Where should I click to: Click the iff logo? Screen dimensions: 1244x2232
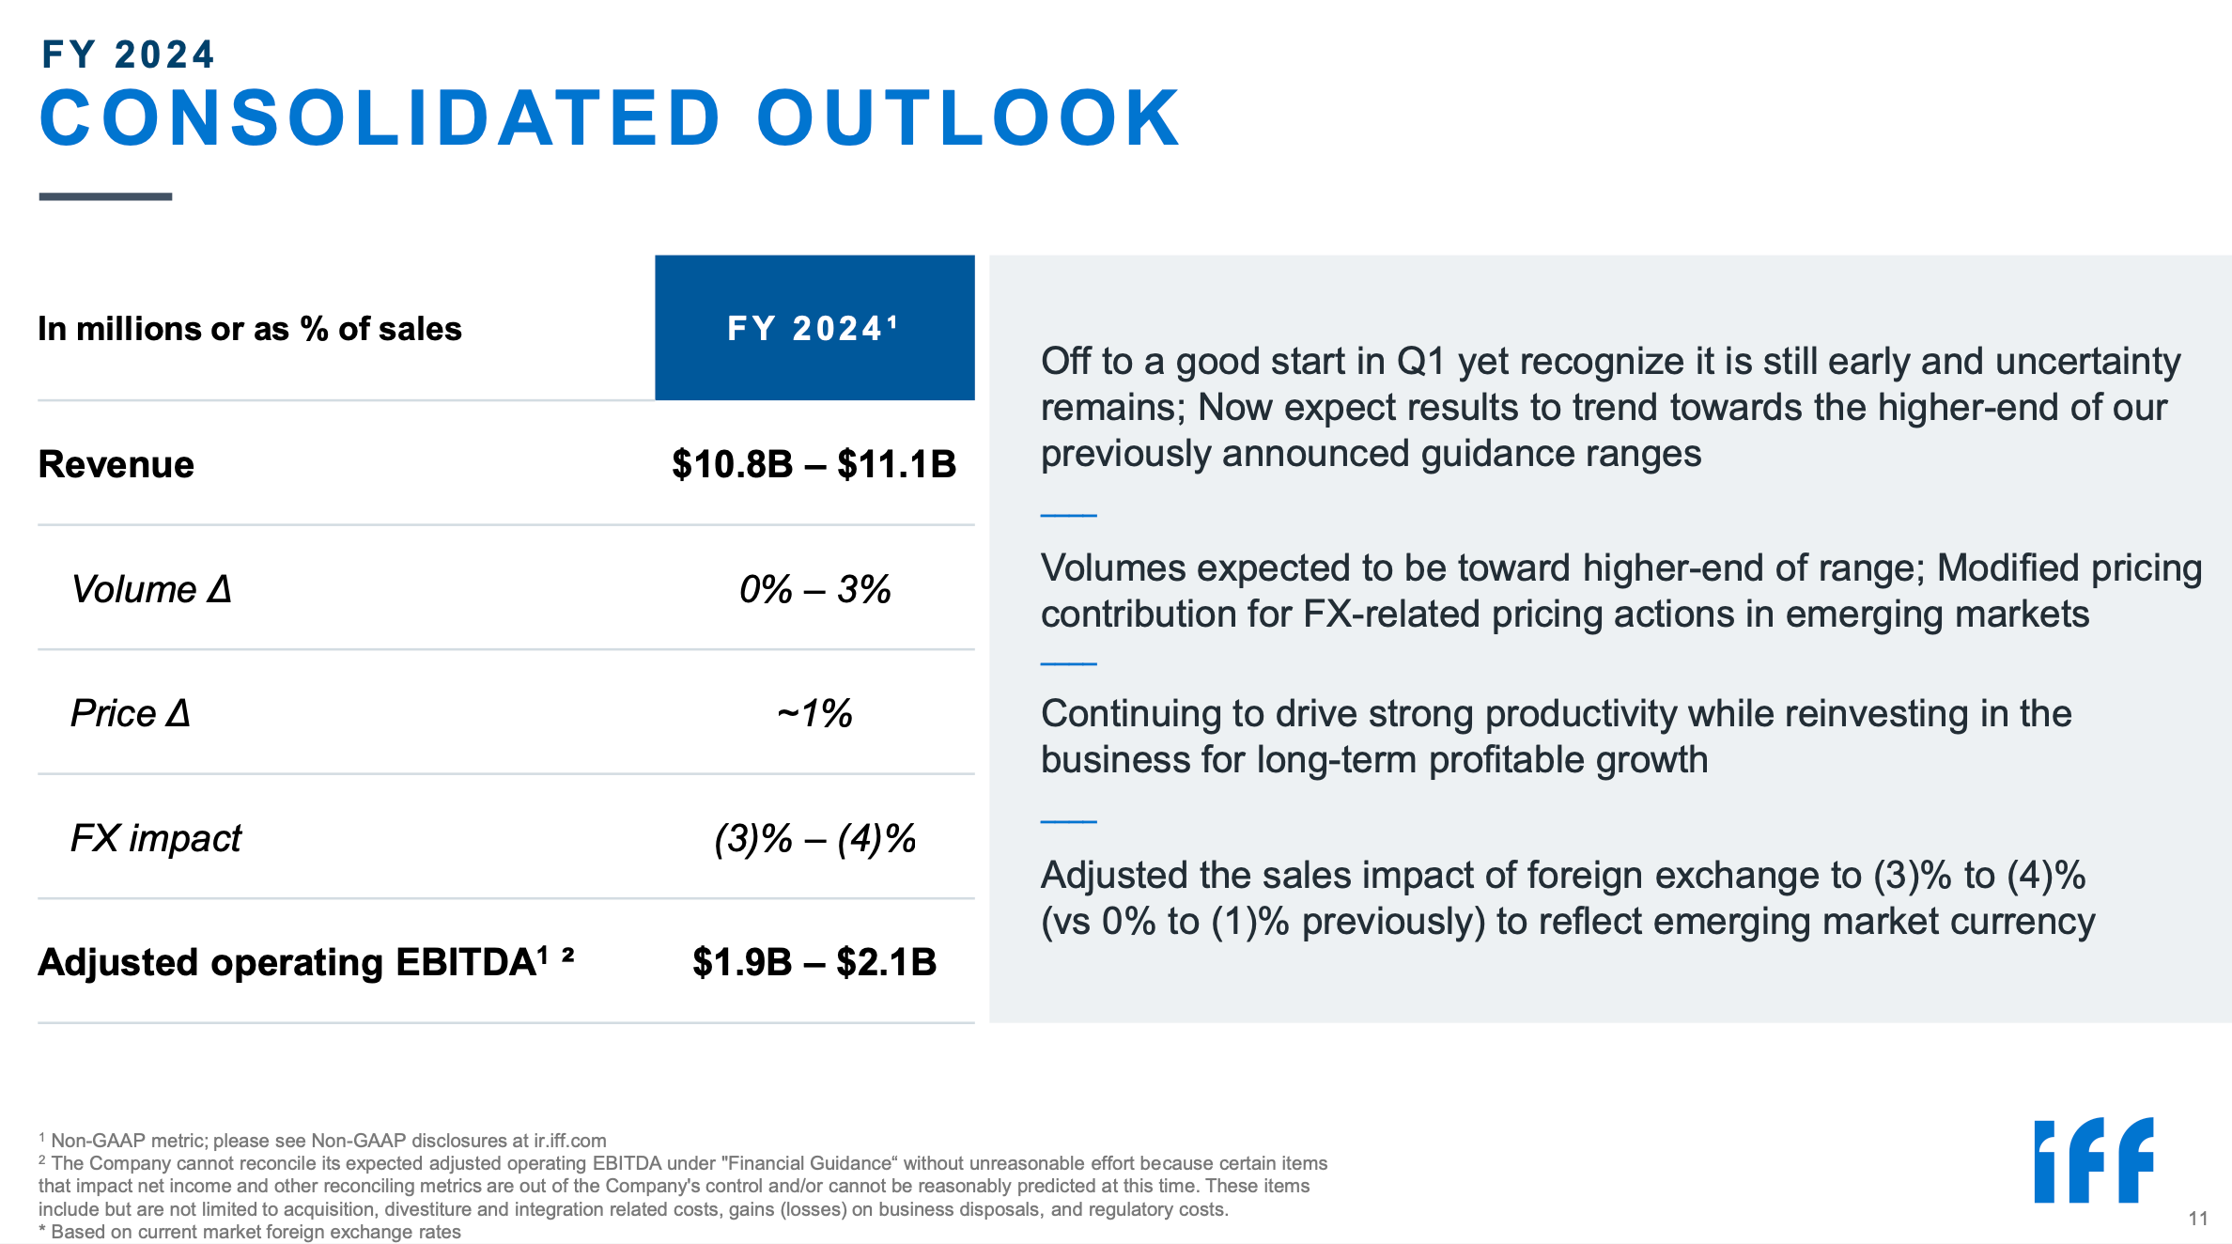point(2093,1160)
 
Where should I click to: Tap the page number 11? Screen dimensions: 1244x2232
point(2197,1219)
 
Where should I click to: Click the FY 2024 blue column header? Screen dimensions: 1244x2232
point(814,328)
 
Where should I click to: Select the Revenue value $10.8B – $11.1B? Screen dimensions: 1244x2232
point(814,464)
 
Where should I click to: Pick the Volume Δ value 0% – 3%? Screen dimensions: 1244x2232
point(814,589)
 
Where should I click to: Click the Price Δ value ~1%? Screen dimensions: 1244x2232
point(814,714)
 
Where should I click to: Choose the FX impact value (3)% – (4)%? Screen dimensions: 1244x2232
point(814,839)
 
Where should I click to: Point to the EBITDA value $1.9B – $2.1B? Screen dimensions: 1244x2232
point(814,962)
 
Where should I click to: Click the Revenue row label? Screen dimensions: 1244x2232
point(116,464)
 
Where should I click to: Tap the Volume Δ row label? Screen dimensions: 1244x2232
point(151,589)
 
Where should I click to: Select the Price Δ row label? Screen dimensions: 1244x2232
point(131,714)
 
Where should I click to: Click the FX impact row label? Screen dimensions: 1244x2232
point(156,839)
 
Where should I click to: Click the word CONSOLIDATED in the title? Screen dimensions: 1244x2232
point(380,119)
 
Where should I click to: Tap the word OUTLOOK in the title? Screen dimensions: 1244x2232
point(968,119)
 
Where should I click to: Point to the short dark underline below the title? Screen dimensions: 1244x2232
point(105,196)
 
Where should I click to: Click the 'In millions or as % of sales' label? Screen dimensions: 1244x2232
point(250,329)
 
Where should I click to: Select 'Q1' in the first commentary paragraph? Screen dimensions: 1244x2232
point(1420,362)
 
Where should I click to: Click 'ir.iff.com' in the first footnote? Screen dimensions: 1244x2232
point(569,1141)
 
